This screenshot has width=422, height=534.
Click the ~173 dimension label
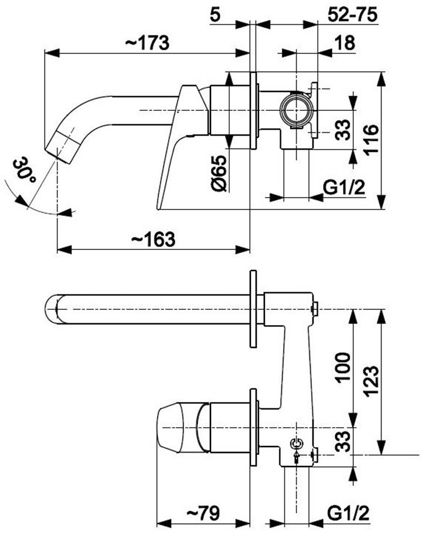147,43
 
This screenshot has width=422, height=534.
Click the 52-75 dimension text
352,15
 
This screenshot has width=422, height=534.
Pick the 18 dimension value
345,43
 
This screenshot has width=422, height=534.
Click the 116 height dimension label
371,140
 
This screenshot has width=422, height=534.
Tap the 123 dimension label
371,380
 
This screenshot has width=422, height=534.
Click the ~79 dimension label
203,512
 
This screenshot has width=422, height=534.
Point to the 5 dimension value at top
215,15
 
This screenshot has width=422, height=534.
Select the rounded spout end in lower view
52,309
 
